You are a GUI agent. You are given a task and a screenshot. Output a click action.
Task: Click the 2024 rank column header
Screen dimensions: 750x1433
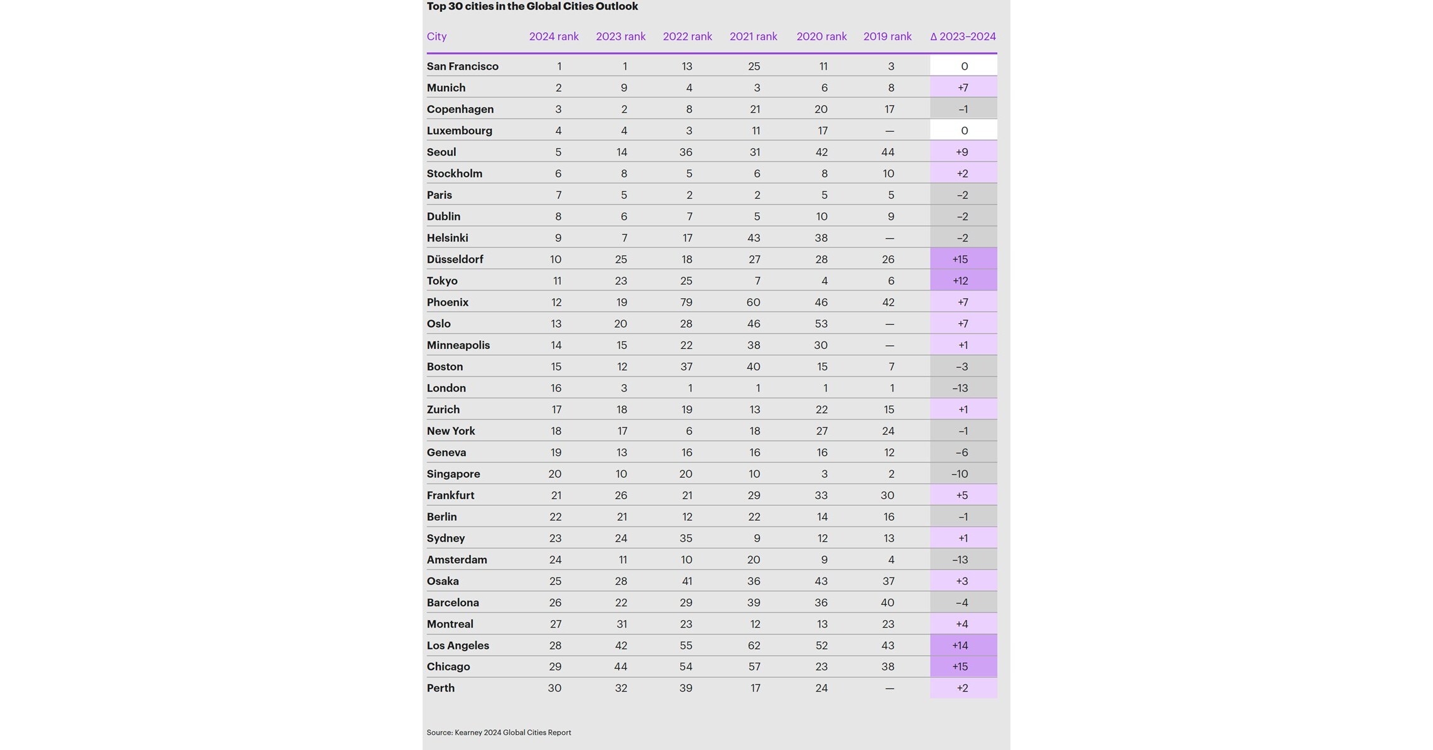click(553, 36)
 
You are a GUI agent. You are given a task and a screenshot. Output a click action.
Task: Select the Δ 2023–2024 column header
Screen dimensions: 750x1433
click(963, 36)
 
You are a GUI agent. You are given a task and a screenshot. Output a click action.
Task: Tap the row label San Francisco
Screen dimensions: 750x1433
click(462, 67)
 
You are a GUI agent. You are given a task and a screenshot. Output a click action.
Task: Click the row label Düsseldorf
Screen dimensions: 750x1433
click(455, 259)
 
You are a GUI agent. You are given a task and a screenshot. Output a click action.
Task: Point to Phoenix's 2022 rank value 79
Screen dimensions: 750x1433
click(686, 303)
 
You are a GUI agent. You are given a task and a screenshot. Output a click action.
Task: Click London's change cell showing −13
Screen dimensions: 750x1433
click(961, 388)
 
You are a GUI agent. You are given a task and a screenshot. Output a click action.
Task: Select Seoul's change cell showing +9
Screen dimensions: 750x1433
click(962, 153)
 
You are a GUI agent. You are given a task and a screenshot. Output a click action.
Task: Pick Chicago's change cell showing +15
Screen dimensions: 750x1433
click(961, 667)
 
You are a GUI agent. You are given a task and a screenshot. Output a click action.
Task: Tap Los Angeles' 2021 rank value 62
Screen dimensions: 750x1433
click(754, 646)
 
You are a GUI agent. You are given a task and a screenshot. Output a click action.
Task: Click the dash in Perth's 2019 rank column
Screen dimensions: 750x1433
click(889, 688)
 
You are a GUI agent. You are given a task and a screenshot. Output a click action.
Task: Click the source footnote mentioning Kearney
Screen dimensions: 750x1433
click(499, 732)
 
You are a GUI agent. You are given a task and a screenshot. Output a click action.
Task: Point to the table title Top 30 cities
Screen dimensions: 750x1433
click(532, 7)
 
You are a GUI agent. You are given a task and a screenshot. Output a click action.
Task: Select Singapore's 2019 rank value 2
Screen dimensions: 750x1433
click(890, 474)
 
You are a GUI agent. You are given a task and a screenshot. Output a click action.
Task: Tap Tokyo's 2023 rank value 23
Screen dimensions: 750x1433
click(620, 281)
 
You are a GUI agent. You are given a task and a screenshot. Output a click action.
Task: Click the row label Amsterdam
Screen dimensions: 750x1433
click(457, 560)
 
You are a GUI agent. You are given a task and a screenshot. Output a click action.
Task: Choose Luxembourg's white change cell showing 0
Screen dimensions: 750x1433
click(964, 131)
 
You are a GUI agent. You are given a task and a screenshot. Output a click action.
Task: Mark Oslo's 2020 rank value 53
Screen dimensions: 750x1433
click(821, 324)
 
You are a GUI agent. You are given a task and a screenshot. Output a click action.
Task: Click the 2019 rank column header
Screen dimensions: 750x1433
click(887, 36)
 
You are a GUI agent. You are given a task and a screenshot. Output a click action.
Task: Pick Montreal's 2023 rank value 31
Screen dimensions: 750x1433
click(620, 624)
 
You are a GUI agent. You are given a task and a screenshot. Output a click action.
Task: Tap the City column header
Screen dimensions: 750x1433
click(436, 36)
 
